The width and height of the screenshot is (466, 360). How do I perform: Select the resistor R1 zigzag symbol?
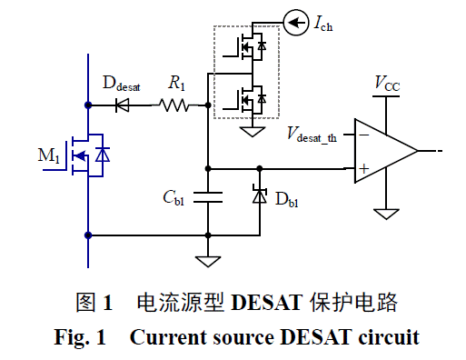tap(174, 105)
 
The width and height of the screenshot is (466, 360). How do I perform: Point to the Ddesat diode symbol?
tap(124, 105)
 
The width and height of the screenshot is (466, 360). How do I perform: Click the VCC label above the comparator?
tap(387, 84)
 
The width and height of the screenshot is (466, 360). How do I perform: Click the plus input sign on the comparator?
tap(363, 168)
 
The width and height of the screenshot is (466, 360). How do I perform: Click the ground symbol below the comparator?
tap(387, 214)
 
